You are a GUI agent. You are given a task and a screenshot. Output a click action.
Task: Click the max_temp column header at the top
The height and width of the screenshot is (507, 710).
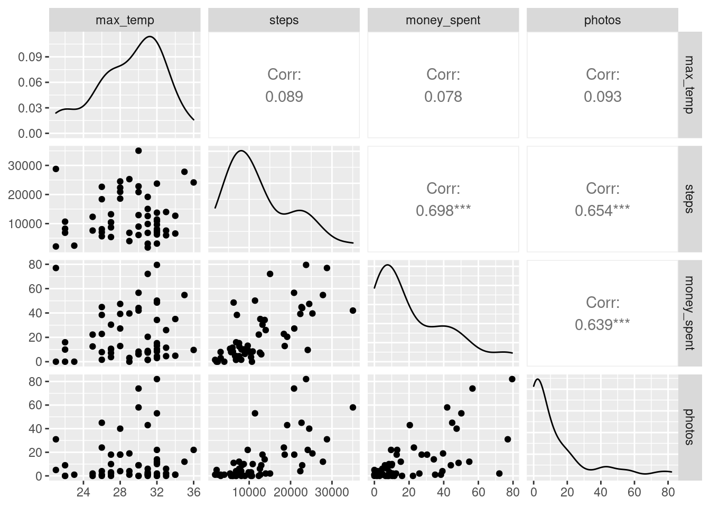pyautogui.click(x=125, y=20)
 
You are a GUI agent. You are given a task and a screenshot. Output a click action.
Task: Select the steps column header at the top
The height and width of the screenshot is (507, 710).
pyautogui.click(x=284, y=20)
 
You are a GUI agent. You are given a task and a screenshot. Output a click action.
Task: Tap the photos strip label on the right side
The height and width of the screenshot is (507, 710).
pyautogui.click(x=688, y=427)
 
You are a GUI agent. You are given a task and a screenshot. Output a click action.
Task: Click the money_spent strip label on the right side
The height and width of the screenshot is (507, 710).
pyautogui.click(x=688, y=313)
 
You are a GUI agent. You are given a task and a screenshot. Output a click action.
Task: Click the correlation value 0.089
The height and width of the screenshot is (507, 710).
pyautogui.click(x=284, y=97)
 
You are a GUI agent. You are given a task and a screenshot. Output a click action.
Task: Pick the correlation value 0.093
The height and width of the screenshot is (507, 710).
pyautogui.click(x=602, y=97)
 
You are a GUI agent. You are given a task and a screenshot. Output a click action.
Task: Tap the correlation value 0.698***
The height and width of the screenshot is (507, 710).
pyautogui.click(x=443, y=211)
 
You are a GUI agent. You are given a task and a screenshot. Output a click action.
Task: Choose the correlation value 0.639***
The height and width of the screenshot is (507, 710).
pyautogui.click(x=602, y=324)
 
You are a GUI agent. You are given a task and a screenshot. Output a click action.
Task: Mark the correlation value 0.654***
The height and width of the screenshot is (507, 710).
pyautogui.click(x=602, y=211)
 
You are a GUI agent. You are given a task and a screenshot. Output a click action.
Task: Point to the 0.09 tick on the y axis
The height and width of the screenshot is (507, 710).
pyautogui.click(x=30, y=57)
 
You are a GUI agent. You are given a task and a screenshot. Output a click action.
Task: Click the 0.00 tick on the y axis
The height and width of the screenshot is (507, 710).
pyautogui.click(x=30, y=134)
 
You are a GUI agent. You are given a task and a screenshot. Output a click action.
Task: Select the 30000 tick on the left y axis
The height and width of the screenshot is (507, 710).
pyautogui.click(x=26, y=166)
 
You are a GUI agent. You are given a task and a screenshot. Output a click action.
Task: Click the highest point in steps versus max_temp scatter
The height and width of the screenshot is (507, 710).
pyautogui.click(x=138, y=151)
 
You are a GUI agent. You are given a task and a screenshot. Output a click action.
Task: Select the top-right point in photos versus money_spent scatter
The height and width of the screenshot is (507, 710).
pyautogui.click(x=512, y=379)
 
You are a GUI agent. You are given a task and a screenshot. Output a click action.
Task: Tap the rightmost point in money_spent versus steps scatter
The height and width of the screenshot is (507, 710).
pyautogui.click(x=353, y=311)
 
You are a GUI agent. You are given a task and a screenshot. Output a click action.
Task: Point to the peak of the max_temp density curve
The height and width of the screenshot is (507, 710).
pyautogui.click(x=150, y=36)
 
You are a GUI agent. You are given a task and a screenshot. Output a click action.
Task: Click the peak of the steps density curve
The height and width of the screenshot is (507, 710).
pyautogui.click(x=241, y=151)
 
